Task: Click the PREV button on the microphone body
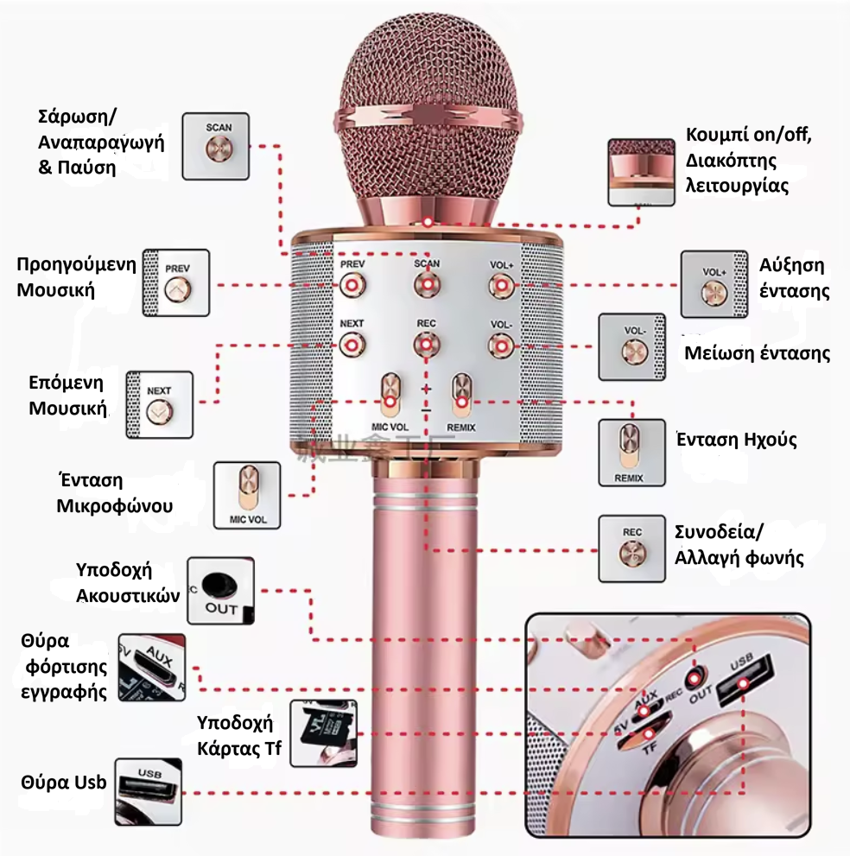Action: (351, 284)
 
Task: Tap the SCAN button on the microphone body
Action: (426, 284)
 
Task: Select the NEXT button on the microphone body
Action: (351, 345)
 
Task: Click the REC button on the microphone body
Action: (425, 344)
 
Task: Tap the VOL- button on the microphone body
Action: (499, 345)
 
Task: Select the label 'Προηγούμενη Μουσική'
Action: (77, 276)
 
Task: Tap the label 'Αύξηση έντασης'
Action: (793, 277)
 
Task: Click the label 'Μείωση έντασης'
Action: (757, 353)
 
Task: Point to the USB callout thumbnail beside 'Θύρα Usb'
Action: (149, 791)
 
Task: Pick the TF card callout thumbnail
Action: (322, 732)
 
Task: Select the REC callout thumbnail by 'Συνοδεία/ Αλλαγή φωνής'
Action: (631, 548)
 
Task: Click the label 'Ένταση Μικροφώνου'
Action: (102, 492)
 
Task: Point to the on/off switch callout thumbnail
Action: (641, 172)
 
